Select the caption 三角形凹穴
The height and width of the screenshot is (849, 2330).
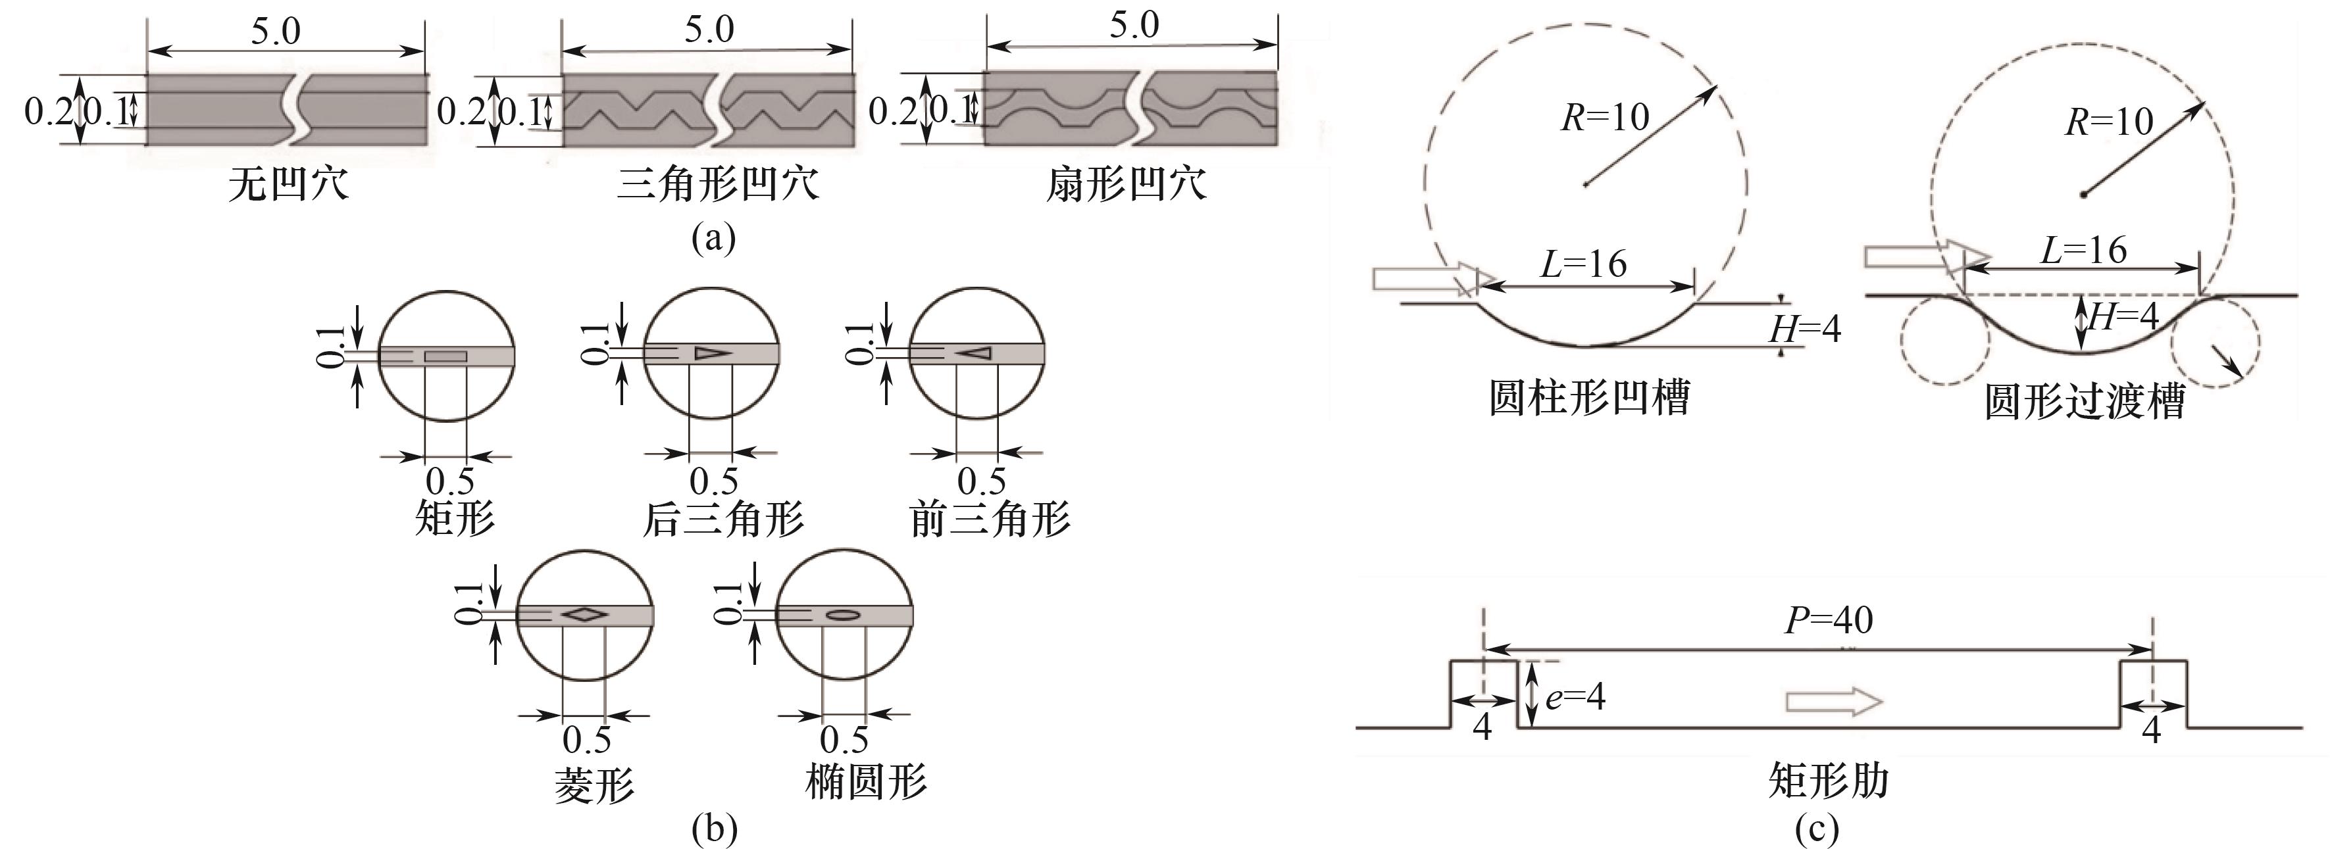[x=718, y=185]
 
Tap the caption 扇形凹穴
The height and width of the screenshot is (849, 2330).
[x=1126, y=185]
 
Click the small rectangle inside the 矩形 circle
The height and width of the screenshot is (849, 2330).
[x=446, y=356]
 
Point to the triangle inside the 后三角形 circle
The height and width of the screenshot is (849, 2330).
[x=711, y=354]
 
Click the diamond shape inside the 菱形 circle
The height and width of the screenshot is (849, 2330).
[x=584, y=615]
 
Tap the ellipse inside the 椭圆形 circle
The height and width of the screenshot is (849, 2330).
[x=843, y=615]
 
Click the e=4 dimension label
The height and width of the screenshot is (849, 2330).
[x=1576, y=696]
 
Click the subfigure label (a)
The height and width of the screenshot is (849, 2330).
[x=713, y=239]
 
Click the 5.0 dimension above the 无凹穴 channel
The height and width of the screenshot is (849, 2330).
[x=276, y=32]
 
